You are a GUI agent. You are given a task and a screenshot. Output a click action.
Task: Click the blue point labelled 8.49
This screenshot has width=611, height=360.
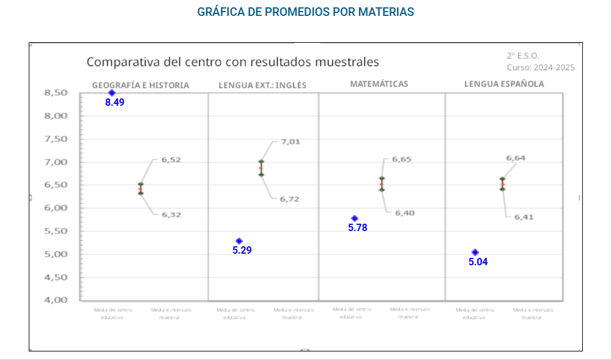click(112, 93)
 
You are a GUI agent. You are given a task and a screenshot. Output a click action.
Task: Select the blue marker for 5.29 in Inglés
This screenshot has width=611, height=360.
click(239, 241)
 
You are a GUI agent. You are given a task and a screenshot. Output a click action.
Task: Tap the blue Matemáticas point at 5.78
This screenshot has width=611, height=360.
click(355, 218)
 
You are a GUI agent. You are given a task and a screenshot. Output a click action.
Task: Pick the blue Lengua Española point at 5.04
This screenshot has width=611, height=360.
click(475, 252)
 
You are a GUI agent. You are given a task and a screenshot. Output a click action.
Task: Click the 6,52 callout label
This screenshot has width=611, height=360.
click(171, 160)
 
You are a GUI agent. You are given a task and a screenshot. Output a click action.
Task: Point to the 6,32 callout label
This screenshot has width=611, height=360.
click(171, 215)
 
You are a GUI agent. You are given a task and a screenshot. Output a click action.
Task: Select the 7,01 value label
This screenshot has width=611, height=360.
click(291, 142)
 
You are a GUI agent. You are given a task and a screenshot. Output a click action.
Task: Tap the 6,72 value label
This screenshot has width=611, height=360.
click(289, 199)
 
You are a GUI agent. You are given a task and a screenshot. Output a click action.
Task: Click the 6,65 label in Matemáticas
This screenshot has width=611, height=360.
click(402, 159)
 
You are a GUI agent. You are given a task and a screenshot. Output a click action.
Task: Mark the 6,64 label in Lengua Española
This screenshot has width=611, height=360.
click(516, 158)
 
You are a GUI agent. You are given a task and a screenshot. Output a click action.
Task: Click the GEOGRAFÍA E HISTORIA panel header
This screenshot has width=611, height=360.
click(141, 85)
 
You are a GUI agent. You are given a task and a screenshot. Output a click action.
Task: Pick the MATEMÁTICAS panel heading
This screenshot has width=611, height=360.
click(379, 84)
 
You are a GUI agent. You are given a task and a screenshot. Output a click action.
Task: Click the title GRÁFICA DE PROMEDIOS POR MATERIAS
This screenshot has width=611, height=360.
click(305, 12)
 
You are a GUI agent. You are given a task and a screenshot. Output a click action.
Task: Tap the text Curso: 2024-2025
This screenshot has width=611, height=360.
click(541, 68)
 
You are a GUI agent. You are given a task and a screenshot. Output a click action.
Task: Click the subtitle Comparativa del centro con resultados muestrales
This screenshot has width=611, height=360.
click(232, 62)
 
